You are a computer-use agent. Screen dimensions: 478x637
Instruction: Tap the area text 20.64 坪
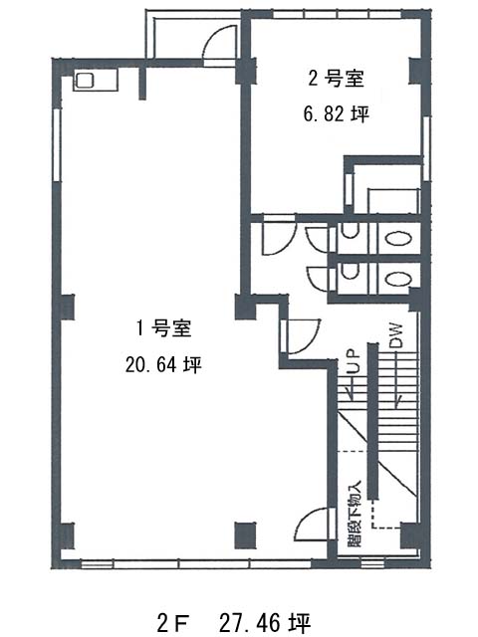163,365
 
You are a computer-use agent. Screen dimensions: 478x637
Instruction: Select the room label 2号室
336,78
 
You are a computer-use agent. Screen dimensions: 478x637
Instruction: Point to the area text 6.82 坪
337,114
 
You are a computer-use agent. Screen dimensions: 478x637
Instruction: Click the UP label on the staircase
353,361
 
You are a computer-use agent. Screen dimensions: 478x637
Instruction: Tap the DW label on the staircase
396,335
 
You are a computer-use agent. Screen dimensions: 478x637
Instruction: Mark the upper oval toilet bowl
398,239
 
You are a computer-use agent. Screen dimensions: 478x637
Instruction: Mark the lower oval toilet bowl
398,279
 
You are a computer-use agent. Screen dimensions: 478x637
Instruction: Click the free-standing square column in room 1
246,535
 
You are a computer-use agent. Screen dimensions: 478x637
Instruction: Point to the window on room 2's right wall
426,148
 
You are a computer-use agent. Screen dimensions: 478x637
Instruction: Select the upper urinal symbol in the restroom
350,231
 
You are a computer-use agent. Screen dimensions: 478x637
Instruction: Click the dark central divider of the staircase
372,421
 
